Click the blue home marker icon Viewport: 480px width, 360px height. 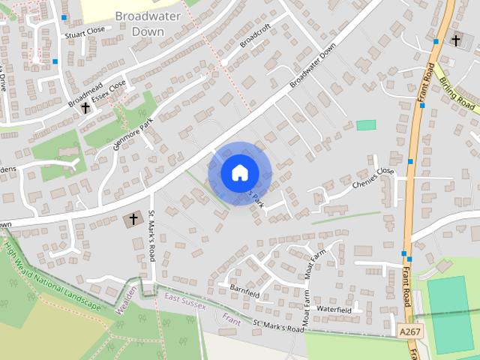click(x=239, y=172)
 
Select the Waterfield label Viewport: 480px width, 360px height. click(x=334, y=309)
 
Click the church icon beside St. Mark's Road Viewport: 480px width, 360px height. click(x=133, y=220)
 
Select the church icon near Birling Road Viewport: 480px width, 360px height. click(x=456, y=39)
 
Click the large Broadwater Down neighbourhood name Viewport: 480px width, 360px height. click(x=142, y=23)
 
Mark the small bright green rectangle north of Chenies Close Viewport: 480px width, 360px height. click(x=366, y=124)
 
